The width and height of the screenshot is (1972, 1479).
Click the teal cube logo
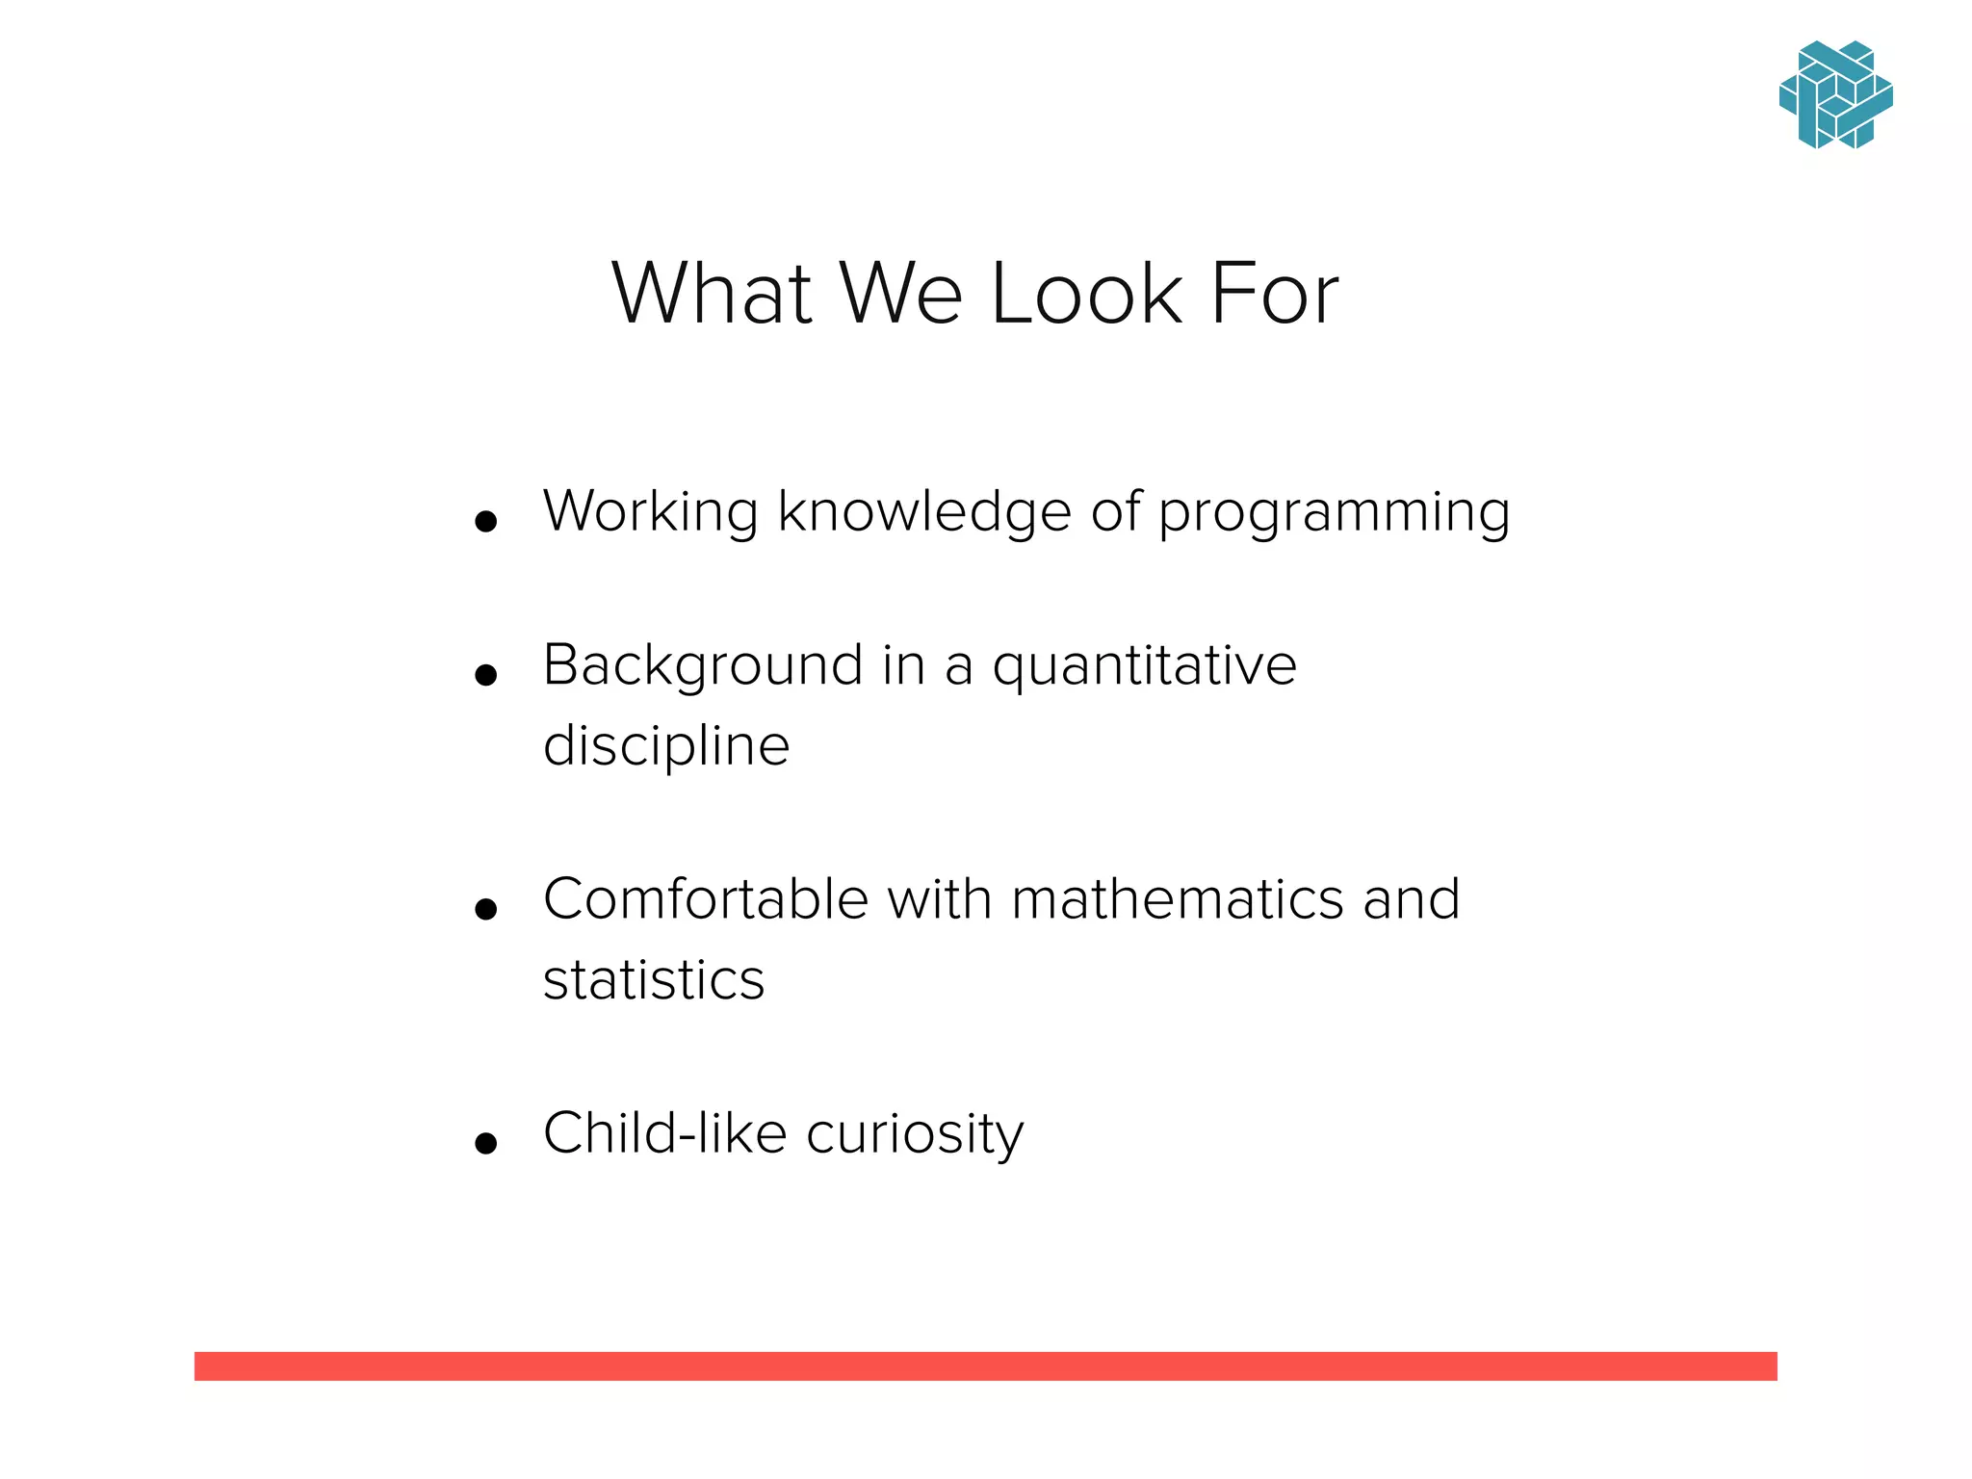1835,95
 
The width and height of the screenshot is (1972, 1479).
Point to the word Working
651,511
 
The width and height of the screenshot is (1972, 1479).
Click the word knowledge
923,511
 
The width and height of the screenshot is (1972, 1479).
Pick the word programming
1334,513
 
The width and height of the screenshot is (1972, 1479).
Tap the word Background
703,666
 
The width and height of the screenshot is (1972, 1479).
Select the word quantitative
1144,666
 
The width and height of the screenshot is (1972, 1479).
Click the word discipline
666,746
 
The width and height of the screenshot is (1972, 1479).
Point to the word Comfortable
706,899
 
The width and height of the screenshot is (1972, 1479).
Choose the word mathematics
1178,899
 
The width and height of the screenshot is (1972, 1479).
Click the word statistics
654,980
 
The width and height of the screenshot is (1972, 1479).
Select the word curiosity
915,1134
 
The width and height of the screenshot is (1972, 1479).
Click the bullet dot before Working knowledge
486,522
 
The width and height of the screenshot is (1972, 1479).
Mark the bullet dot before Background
486,675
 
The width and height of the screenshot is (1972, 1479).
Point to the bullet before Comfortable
486,909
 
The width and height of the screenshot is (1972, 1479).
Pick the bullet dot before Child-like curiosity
486,1143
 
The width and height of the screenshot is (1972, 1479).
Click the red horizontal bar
985,1365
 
